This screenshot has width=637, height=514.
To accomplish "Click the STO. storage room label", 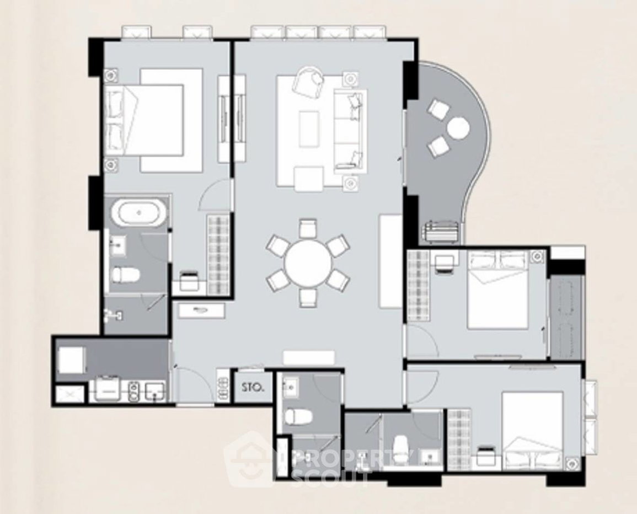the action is click(x=253, y=387).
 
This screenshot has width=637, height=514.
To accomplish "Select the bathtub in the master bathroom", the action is click(x=139, y=212).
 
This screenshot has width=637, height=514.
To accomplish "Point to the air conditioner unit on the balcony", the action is click(x=442, y=233).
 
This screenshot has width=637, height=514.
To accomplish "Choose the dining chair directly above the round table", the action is click(x=307, y=228).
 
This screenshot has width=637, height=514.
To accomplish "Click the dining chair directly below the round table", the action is click(x=308, y=298).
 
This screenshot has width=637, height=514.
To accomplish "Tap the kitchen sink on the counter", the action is click(x=155, y=391).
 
